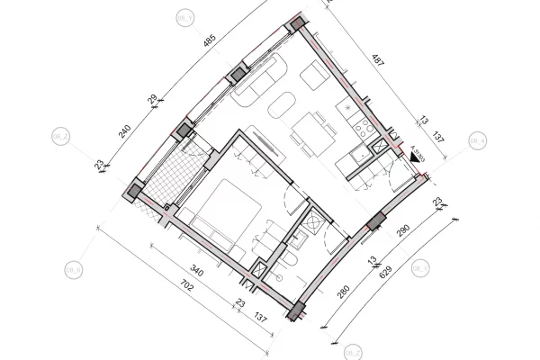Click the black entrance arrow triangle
(x=416, y=157)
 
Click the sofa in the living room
(x=251, y=91)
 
